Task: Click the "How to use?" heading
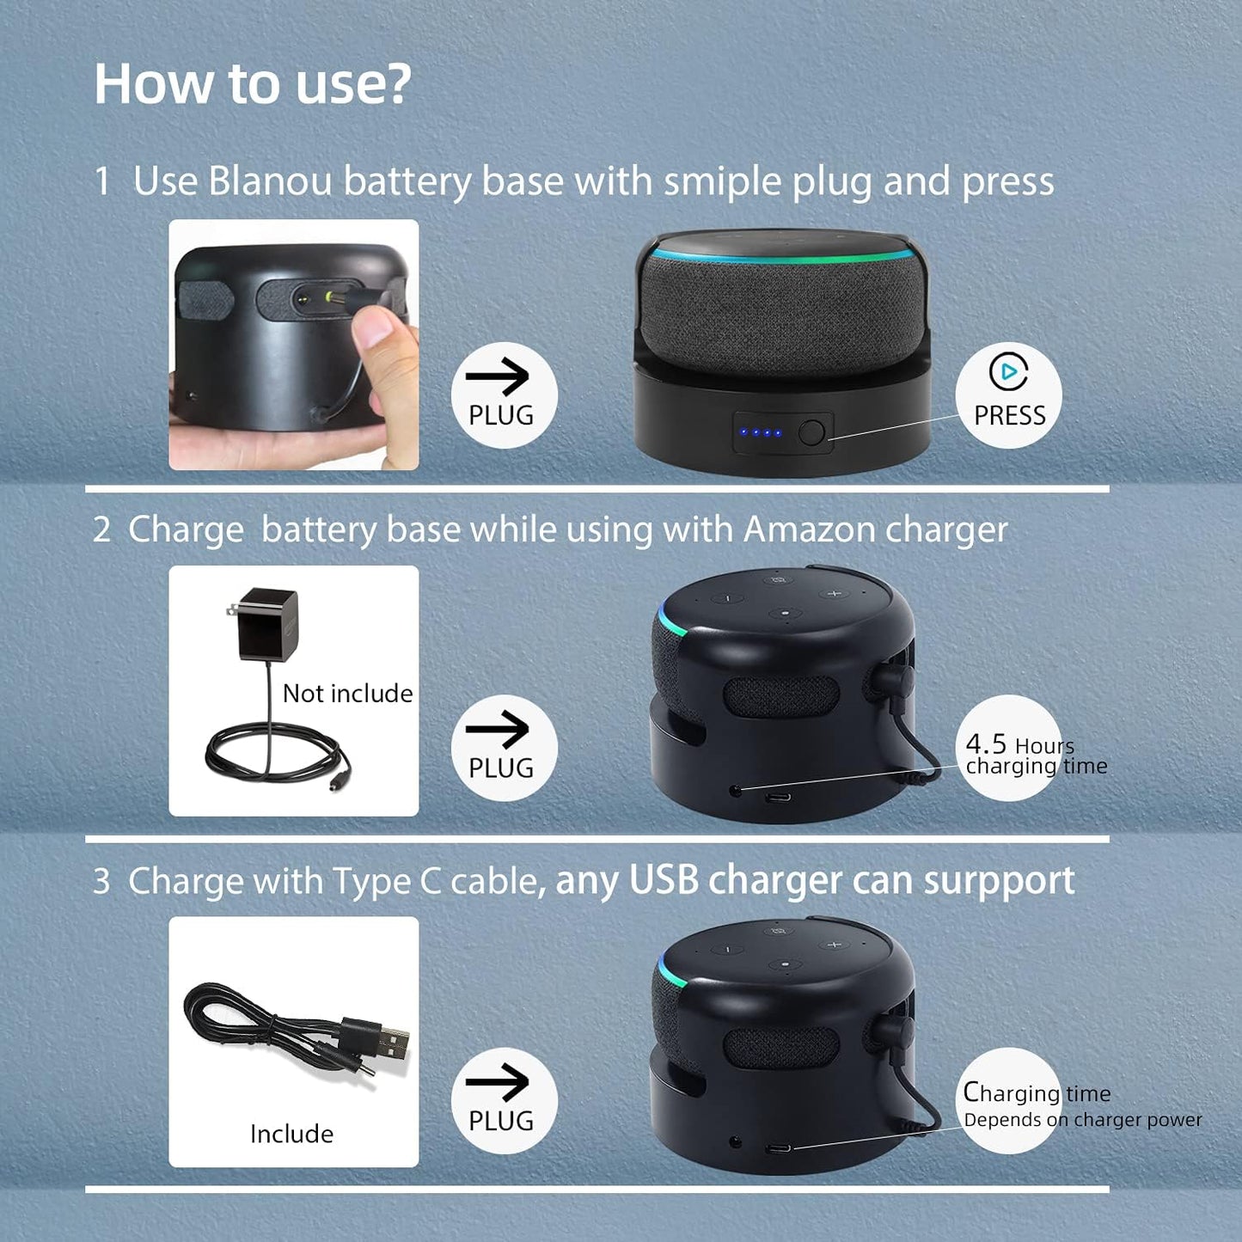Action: pos(253,84)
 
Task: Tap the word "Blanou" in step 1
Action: pos(269,182)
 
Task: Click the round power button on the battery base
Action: pos(811,432)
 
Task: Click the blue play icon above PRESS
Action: pos(1007,371)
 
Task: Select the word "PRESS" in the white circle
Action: pos(1009,416)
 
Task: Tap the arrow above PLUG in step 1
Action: pos(498,376)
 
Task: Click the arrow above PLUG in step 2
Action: pos(498,730)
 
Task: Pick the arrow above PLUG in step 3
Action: pos(498,1082)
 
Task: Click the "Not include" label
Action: pos(347,694)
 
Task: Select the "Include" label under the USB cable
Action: pos(291,1134)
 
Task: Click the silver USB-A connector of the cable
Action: pos(393,1043)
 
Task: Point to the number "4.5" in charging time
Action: pos(985,743)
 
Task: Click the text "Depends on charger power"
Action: pos(1083,1120)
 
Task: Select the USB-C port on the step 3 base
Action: pos(779,1148)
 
